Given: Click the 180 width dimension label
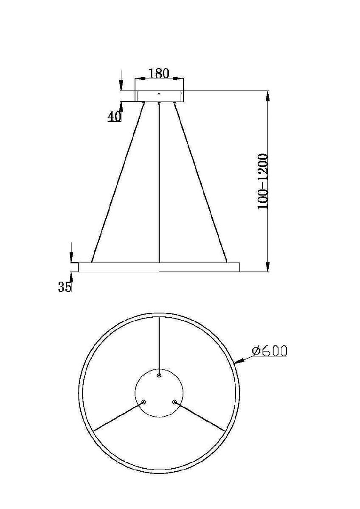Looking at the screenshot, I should click(159, 73).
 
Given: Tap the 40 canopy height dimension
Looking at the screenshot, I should click(114, 116).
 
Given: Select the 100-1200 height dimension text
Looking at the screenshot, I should click(263, 181).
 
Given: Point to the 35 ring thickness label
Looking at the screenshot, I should click(65, 287).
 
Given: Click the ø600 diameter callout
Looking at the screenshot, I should click(269, 350).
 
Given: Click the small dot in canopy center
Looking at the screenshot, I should click(159, 93).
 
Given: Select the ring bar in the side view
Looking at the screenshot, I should click(159, 267).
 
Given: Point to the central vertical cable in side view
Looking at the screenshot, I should click(159, 182).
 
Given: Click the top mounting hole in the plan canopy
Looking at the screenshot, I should click(159, 375).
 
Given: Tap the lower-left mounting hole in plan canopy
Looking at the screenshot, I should click(143, 401).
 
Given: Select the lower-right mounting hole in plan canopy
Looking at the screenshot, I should click(174, 401).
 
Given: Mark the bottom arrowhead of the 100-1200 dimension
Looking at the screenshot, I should click(267, 267).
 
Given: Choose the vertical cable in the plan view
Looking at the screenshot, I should click(159, 344).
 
